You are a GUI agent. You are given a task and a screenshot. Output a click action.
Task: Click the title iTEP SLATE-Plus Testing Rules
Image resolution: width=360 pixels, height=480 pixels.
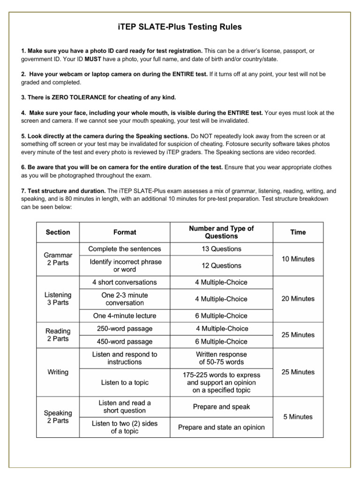pos(180,27)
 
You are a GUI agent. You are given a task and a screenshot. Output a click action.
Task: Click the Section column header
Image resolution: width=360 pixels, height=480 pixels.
pos(58,232)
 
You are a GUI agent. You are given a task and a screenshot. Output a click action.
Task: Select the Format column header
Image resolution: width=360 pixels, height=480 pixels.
pos(125,232)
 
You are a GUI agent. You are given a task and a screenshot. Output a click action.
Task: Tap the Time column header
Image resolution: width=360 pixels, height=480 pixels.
pos(298,232)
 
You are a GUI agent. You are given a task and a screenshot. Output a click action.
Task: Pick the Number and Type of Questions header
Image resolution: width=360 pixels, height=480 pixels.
pos(221,232)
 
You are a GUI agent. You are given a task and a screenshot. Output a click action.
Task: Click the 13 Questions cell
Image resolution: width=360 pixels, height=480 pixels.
pos(221,249)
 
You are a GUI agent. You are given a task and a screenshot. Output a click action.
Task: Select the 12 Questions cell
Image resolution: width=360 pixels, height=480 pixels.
pos(221,265)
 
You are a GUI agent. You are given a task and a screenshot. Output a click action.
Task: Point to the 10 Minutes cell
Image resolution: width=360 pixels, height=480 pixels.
pos(298,259)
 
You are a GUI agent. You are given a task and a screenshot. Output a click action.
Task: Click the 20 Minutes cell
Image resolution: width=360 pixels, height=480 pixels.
pos(298,299)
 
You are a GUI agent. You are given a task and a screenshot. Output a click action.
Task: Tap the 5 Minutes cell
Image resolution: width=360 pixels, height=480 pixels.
pos(298,416)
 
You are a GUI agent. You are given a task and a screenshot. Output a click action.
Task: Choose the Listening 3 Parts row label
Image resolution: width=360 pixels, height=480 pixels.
pos(58,299)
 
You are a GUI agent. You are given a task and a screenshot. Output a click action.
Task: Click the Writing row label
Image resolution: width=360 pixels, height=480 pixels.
pos(58,372)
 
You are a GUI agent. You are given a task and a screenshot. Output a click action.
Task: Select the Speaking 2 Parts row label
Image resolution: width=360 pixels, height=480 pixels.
pos(58,417)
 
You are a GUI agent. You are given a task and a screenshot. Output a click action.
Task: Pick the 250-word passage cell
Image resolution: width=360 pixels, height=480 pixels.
pos(125,329)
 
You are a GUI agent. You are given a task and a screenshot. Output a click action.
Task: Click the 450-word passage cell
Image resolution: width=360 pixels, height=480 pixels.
pos(125,342)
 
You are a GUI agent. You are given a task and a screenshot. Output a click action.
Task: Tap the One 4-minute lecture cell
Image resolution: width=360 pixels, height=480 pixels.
pos(125,315)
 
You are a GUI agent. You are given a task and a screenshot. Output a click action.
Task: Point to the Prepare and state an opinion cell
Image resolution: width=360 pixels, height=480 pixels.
pos(221,427)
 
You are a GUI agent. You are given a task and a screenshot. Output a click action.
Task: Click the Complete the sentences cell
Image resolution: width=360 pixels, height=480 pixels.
pos(125,249)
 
